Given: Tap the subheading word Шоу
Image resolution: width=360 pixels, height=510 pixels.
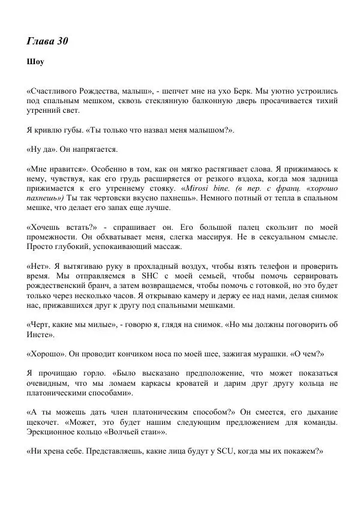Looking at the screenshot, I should coord(35,61).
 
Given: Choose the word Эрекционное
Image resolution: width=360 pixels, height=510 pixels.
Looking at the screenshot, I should coord(55,432).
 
